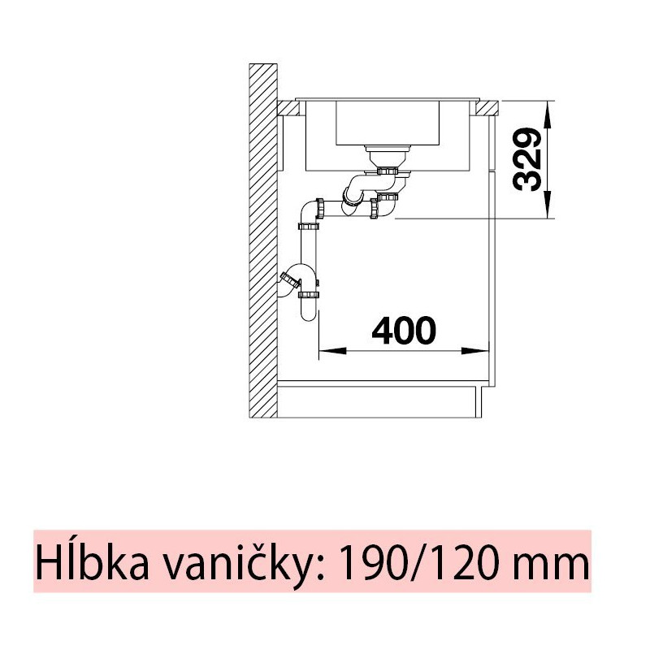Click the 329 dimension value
point(527,159)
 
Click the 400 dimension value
point(403,331)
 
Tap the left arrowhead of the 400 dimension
point(332,351)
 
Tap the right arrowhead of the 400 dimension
point(475,351)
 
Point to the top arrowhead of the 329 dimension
point(548,115)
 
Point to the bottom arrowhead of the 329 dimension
point(548,205)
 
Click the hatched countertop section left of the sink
point(288,108)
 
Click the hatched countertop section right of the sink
point(487,108)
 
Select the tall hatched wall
point(263,240)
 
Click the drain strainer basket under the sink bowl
point(388,157)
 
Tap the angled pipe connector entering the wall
point(290,280)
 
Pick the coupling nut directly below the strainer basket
point(388,171)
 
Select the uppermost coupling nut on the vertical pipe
point(309,227)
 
